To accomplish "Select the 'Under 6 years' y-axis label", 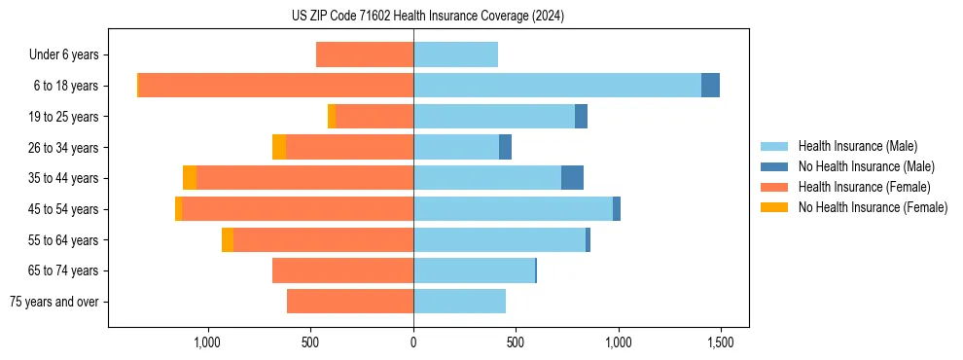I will pyautogui.click(x=68, y=55).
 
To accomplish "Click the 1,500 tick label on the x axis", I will pyautogui.click(x=720, y=342).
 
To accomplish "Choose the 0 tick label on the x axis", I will pyautogui.click(x=413, y=342).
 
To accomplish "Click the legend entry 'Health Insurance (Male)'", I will pyautogui.click(x=857, y=146).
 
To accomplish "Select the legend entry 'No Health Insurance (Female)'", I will pyautogui.click(x=873, y=207).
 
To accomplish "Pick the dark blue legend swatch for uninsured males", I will pyautogui.click(x=775, y=166).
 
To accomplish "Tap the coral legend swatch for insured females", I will pyautogui.click(x=775, y=187).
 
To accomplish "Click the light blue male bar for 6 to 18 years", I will pyautogui.click(x=556, y=86).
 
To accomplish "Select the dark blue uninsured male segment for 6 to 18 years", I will pyautogui.click(x=710, y=86).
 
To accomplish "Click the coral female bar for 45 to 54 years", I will pyautogui.click(x=297, y=209).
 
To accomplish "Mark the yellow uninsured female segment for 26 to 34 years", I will pyautogui.click(x=279, y=148).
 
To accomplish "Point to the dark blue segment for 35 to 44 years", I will pyautogui.click(x=572, y=178).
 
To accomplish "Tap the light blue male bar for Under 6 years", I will pyautogui.click(x=455, y=55).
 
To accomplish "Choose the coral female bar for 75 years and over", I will pyautogui.click(x=350, y=302).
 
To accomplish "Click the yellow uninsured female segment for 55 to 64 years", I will pyautogui.click(x=228, y=240).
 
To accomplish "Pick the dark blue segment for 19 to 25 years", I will pyautogui.click(x=581, y=117).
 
